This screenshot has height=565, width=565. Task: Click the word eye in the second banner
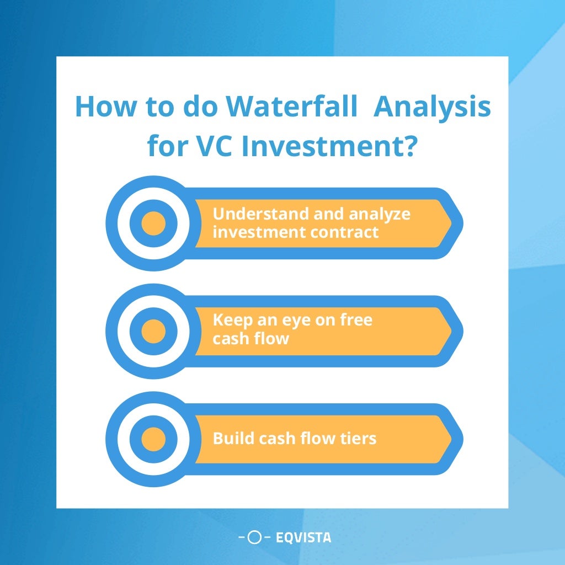pos(296,321)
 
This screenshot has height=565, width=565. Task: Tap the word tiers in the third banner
pos(358,439)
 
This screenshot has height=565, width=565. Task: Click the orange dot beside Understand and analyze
pos(153,223)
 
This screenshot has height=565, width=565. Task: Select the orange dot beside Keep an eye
pos(153,331)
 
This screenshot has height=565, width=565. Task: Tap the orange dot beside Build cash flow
pos(153,439)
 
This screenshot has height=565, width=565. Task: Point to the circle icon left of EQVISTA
pos(254,537)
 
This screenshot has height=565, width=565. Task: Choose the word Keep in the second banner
pos(231,321)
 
